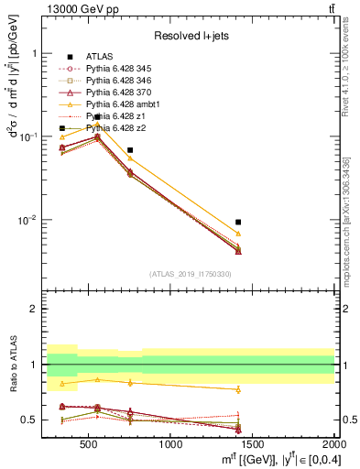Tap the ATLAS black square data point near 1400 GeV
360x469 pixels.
click(238, 222)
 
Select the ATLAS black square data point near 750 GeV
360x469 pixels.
click(130, 149)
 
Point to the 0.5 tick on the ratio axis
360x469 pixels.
click(30, 420)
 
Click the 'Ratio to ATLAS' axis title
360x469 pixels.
click(12, 365)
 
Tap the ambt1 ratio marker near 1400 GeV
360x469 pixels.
click(238, 389)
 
